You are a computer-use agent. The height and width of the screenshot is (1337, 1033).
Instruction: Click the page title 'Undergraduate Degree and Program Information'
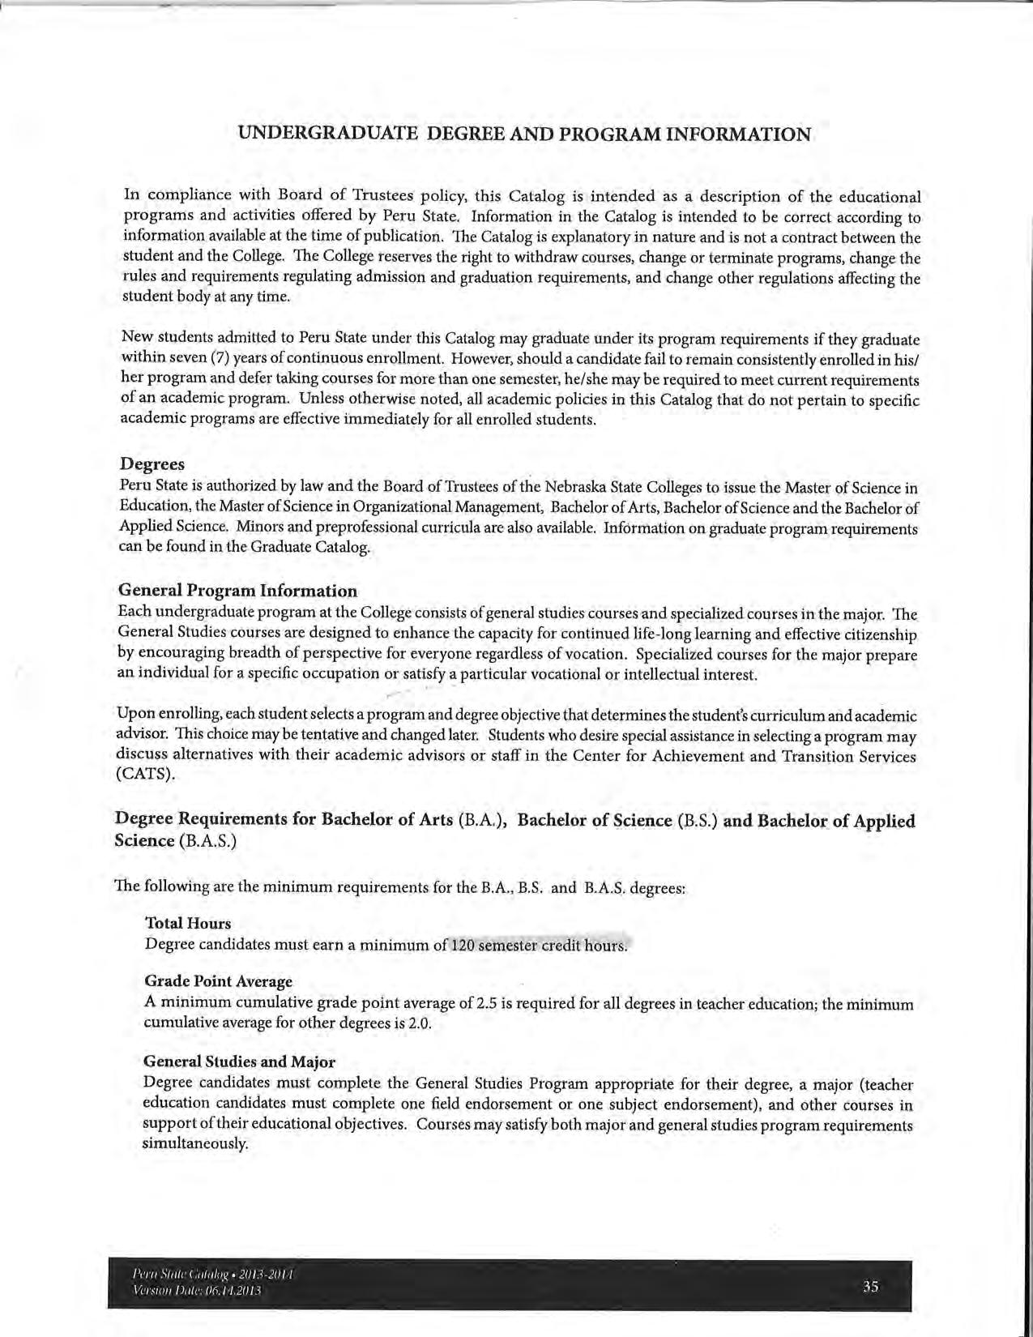[x=524, y=134]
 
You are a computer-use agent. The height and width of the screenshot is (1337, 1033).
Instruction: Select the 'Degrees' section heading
[x=152, y=464]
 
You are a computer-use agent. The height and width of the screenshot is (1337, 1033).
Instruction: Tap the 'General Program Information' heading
[x=237, y=591]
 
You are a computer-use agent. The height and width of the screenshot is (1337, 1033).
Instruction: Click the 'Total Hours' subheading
[x=187, y=923]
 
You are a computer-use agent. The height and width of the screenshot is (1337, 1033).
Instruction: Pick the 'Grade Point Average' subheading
[x=217, y=981]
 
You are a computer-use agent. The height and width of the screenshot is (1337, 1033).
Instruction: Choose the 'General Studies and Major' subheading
[x=239, y=1061]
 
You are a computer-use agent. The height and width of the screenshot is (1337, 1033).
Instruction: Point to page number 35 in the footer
[x=871, y=1286]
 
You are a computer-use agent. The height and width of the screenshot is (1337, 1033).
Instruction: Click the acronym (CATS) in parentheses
[x=147, y=774]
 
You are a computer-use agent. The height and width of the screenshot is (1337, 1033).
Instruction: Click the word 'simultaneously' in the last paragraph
[x=194, y=1144]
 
